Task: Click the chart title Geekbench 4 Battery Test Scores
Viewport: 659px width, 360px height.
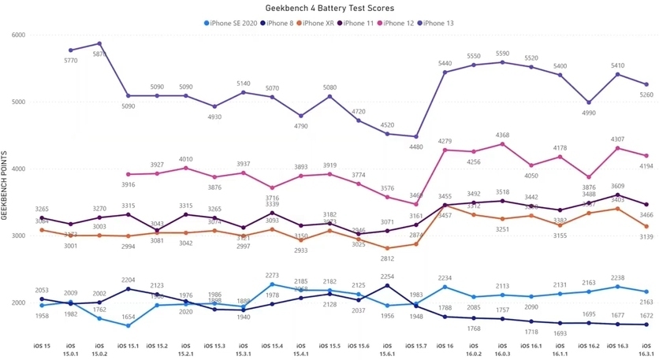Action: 329,8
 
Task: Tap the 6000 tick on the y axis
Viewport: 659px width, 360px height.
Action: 18,35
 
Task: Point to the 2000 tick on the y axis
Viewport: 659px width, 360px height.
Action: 18,303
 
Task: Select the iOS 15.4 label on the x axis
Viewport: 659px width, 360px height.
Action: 272,346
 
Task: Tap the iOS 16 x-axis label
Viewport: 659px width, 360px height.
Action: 445,346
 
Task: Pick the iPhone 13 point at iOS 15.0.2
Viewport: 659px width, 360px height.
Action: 99,43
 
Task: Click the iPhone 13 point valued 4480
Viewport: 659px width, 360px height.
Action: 415,136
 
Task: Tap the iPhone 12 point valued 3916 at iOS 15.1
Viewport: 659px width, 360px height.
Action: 128,174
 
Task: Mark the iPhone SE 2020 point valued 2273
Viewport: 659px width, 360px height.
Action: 272,284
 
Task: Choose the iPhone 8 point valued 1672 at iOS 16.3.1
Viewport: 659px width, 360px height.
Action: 646,325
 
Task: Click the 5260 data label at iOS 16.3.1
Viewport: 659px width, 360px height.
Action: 646,95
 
